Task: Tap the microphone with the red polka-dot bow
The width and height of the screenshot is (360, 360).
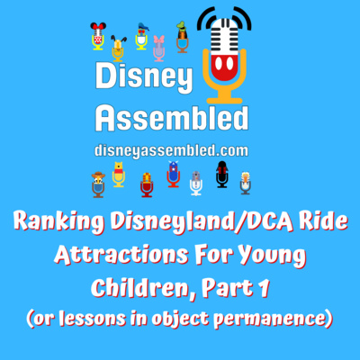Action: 98,36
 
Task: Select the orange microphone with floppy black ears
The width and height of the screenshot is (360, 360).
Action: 118,49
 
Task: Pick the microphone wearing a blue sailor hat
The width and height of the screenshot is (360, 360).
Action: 141,37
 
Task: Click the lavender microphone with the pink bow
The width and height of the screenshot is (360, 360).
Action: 158,49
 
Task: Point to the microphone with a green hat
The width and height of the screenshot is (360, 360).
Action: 182,37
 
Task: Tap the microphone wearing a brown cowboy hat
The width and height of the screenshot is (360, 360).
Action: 98,184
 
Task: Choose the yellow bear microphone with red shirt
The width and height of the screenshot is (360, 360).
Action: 119,175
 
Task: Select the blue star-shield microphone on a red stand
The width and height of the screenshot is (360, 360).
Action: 174,175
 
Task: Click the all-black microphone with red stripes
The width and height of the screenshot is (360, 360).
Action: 222,175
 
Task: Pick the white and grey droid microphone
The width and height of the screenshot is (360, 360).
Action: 196,183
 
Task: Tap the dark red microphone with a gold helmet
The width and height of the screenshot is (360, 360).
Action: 147,184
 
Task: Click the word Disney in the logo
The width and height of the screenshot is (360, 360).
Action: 144,76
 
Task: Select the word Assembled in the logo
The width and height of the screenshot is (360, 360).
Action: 172,118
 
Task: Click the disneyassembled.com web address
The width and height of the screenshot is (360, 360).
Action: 171,150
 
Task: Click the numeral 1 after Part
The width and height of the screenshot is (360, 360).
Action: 263,288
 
